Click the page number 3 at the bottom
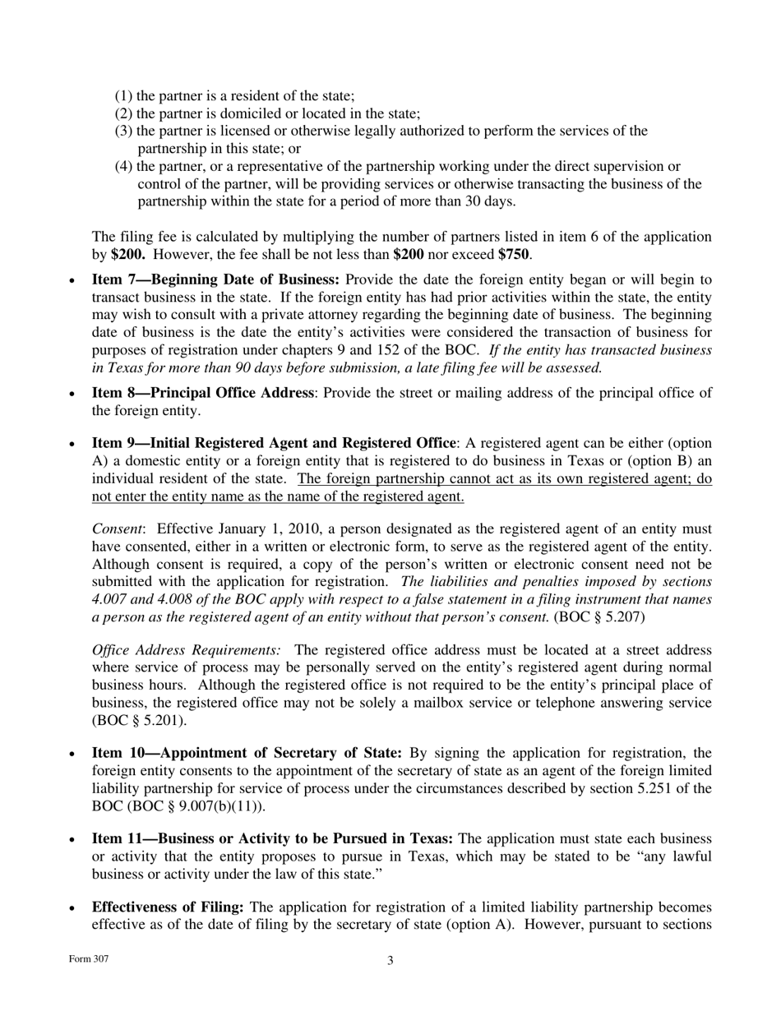pyautogui.click(x=390, y=960)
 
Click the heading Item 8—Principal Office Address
pyautogui.click(x=202, y=393)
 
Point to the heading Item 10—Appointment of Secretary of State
pyautogui.click(x=247, y=753)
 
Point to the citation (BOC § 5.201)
pyautogui.click(x=139, y=721)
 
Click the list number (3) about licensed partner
pyautogui.click(x=123, y=132)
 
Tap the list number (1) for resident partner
pyautogui.click(x=123, y=96)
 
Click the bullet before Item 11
pyautogui.click(x=72, y=839)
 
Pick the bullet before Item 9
pyautogui.click(x=72, y=444)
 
